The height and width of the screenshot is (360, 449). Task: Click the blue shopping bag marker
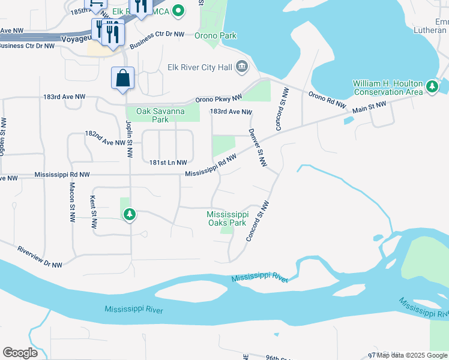pos(122,79)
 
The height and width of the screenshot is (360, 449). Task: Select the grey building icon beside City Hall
pos(242,66)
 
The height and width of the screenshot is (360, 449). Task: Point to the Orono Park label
pos(215,35)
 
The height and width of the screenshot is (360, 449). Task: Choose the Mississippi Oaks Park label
pos(227,218)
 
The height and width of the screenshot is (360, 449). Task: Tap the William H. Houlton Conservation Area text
pos(387,88)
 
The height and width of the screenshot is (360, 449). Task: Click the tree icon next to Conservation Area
pos(432,88)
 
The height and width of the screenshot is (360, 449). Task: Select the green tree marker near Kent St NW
pos(129,214)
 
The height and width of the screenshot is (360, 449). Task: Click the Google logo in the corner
pos(20,353)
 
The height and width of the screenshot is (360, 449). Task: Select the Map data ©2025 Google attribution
pos(410,355)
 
